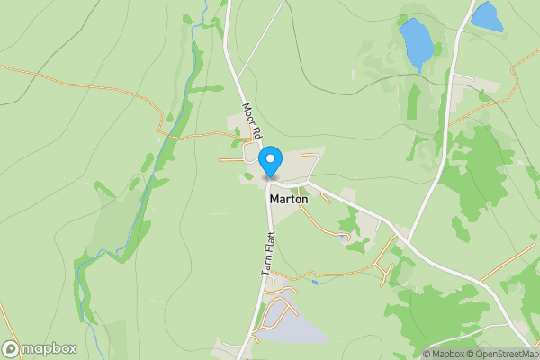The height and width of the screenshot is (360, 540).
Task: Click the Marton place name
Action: (288, 199)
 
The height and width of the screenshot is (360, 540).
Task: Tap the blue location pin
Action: (270, 162)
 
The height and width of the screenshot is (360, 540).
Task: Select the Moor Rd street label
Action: (251, 121)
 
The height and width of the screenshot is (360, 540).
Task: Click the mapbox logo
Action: (40, 349)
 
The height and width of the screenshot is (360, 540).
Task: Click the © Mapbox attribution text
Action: (444, 354)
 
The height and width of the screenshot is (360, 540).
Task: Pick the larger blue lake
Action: (416, 42)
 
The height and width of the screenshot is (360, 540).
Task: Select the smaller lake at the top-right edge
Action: (486, 16)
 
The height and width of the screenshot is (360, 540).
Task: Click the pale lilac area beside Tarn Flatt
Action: (292, 322)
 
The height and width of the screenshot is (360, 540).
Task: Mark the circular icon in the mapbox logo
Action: (11, 349)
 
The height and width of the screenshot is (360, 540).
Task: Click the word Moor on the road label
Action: (247, 113)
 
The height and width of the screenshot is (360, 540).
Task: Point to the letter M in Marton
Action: (274, 199)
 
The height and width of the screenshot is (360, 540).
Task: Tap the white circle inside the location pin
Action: (270, 158)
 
